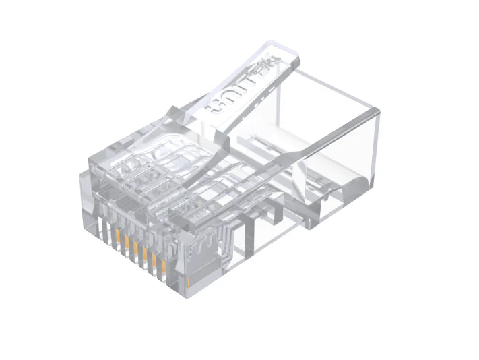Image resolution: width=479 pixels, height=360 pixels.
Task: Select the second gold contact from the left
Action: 127,244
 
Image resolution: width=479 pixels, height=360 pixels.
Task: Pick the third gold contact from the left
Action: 135,250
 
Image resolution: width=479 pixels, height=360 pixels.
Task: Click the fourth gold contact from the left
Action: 144,256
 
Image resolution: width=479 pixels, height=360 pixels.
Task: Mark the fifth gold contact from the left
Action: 154,262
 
